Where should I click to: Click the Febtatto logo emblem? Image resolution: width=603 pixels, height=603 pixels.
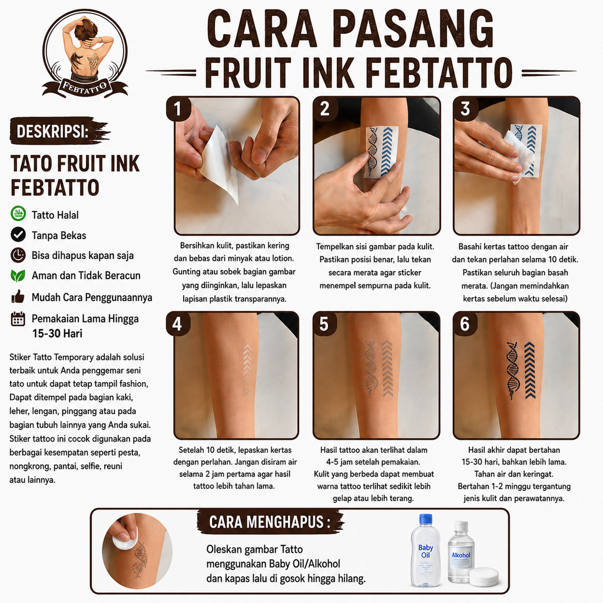85,53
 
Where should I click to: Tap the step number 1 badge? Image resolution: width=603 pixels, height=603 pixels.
178,109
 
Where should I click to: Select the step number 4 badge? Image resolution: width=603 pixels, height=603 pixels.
178,324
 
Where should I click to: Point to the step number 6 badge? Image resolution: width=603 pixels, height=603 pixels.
465,324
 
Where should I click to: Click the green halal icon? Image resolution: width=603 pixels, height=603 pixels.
18,214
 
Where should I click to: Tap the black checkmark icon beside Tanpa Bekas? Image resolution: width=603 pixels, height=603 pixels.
18,234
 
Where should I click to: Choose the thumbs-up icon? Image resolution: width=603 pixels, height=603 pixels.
18,297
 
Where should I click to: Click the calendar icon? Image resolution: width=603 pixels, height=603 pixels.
18,319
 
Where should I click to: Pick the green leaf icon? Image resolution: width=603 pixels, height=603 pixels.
18,276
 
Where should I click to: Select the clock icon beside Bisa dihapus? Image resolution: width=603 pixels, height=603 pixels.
18,255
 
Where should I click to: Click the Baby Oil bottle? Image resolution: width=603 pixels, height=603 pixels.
425,551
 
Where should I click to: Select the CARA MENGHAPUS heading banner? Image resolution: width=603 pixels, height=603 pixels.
270,522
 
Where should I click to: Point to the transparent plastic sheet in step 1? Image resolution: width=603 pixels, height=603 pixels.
219,161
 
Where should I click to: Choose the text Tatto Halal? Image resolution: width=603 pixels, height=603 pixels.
55,214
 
